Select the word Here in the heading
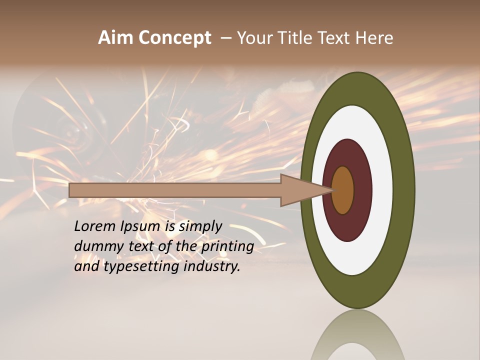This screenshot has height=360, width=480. pos(374,38)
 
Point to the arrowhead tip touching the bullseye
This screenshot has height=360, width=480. pos(332,190)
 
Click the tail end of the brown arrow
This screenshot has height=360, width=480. pos(71,190)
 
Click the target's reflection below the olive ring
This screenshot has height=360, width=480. pos(358,335)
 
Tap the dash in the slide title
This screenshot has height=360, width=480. pos(226,38)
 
